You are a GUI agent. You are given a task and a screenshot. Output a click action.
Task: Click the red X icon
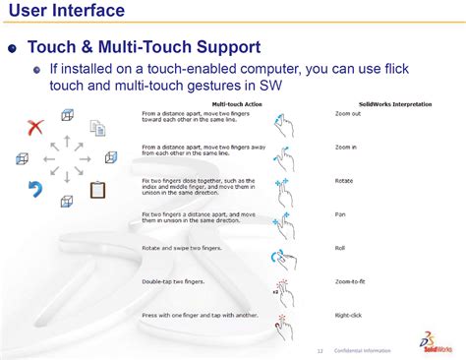(x=36, y=126)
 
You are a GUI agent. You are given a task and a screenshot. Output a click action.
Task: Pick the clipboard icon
(x=98, y=189)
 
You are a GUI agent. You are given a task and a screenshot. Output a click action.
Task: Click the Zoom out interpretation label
(x=347, y=114)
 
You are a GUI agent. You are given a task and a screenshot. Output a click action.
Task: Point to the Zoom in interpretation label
(x=345, y=148)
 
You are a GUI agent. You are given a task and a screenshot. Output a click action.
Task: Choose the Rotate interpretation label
(x=344, y=181)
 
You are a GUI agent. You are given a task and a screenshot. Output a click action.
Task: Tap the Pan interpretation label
(x=341, y=214)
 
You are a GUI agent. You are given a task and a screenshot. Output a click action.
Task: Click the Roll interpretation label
(x=340, y=248)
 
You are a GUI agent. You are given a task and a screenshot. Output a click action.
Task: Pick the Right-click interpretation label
(x=350, y=315)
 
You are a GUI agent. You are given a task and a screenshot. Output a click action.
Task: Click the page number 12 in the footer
(x=320, y=351)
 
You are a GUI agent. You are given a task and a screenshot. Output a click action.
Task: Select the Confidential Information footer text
(x=362, y=351)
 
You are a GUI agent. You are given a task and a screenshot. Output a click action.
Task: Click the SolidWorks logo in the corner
(x=438, y=343)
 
